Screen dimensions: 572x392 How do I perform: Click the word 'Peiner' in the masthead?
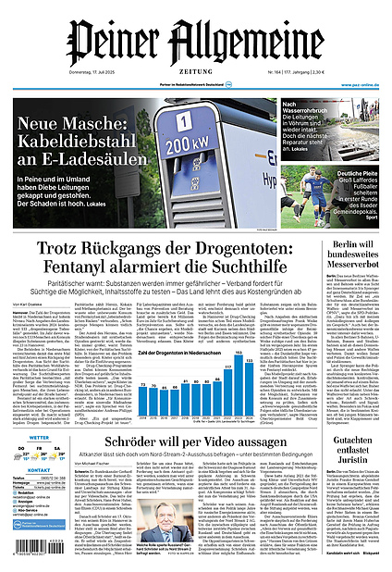[110, 42]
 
